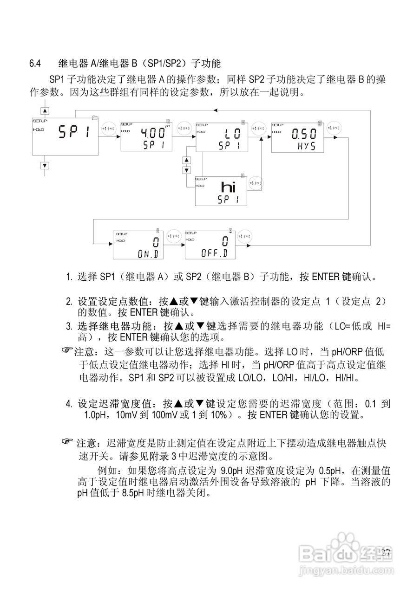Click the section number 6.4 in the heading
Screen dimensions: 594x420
pos(35,62)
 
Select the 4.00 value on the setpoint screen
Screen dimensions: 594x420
pos(153,133)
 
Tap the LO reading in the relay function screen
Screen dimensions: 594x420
pos(230,134)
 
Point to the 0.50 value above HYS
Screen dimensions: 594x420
pos(304,134)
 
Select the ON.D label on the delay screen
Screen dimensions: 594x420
pos(149,253)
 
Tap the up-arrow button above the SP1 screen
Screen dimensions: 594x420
pos(45,111)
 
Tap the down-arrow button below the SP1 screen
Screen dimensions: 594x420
pos(45,165)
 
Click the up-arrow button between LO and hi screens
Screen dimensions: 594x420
pos(187,160)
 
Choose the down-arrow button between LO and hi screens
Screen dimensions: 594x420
pos(187,169)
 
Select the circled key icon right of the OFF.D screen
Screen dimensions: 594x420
pos(245,236)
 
